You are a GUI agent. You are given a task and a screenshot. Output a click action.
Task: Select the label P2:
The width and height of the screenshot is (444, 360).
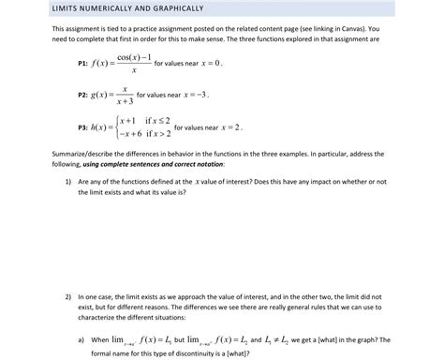point(82,95)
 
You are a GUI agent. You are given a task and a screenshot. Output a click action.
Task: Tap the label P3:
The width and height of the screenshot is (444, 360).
point(82,127)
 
